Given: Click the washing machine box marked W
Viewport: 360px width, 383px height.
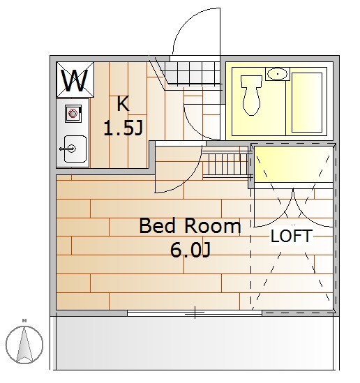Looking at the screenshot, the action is click(75, 80).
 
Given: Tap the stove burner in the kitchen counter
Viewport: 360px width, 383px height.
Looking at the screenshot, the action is click(73, 113).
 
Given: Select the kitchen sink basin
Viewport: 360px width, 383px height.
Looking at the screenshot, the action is click(75, 149).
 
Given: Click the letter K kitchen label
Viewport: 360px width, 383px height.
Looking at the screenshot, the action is click(123, 103).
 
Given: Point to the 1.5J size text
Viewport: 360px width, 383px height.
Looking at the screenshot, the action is click(123, 128).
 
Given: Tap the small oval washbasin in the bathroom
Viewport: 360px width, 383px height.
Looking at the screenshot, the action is click(278, 73).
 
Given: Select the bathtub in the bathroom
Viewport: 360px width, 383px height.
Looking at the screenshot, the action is click(307, 103).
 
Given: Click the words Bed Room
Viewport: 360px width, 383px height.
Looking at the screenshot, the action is click(190, 226).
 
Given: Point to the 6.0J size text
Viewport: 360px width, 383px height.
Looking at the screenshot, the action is click(190, 250).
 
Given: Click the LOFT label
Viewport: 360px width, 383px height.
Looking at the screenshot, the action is click(292, 236).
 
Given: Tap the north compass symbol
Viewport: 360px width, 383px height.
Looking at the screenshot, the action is click(24, 345).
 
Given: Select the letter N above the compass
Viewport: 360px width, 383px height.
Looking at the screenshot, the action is click(24, 321).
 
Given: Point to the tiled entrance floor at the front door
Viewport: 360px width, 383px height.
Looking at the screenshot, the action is click(193, 73).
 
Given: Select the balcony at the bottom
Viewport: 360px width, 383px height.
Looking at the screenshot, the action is click(195, 343).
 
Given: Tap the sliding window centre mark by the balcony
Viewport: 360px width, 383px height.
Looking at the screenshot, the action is click(195, 313).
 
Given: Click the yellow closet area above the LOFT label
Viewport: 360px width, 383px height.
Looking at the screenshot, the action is click(294, 164).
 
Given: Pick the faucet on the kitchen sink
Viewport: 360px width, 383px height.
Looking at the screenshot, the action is click(68, 149).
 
